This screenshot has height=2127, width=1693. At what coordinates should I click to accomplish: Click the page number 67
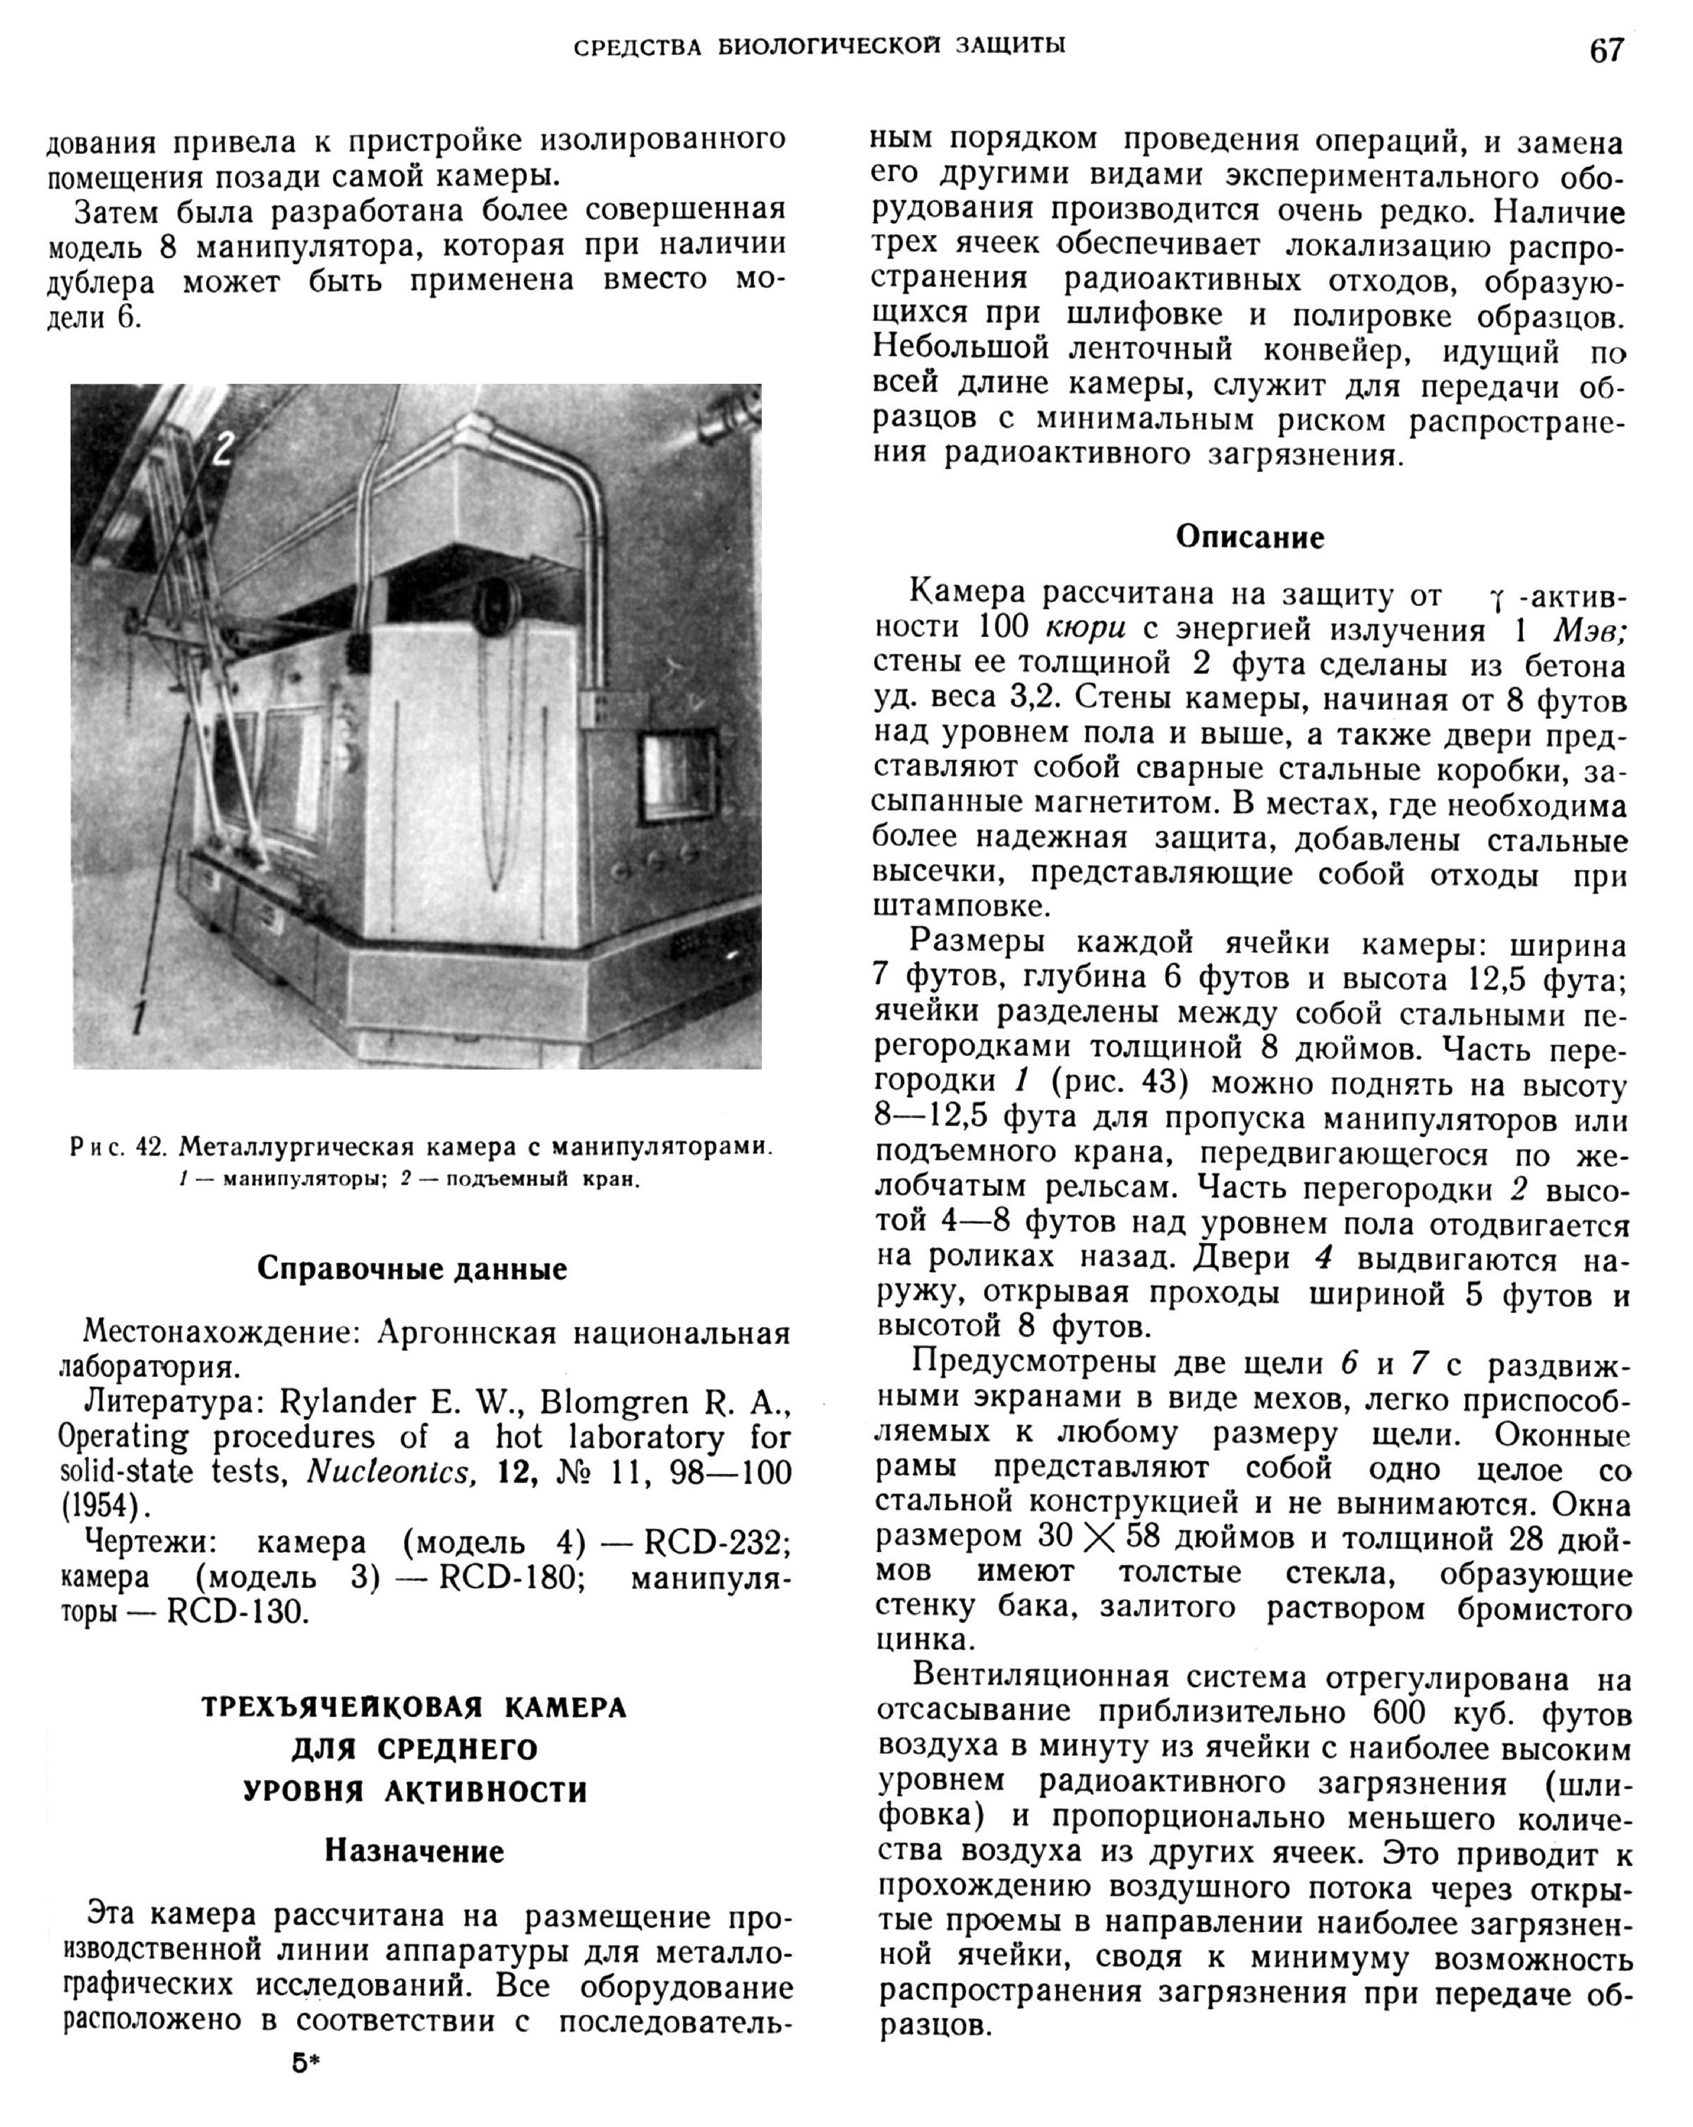pos(1606,49)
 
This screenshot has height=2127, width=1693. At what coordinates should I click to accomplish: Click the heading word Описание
pos(1250,538)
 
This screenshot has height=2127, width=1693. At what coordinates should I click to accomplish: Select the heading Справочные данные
pos(413,1268)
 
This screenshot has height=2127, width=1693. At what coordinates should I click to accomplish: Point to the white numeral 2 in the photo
pos(223,448)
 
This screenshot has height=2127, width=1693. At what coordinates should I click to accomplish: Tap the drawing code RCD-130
pos(238,1612)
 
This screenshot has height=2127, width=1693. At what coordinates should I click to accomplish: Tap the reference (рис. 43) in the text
pos(1119,1083)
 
